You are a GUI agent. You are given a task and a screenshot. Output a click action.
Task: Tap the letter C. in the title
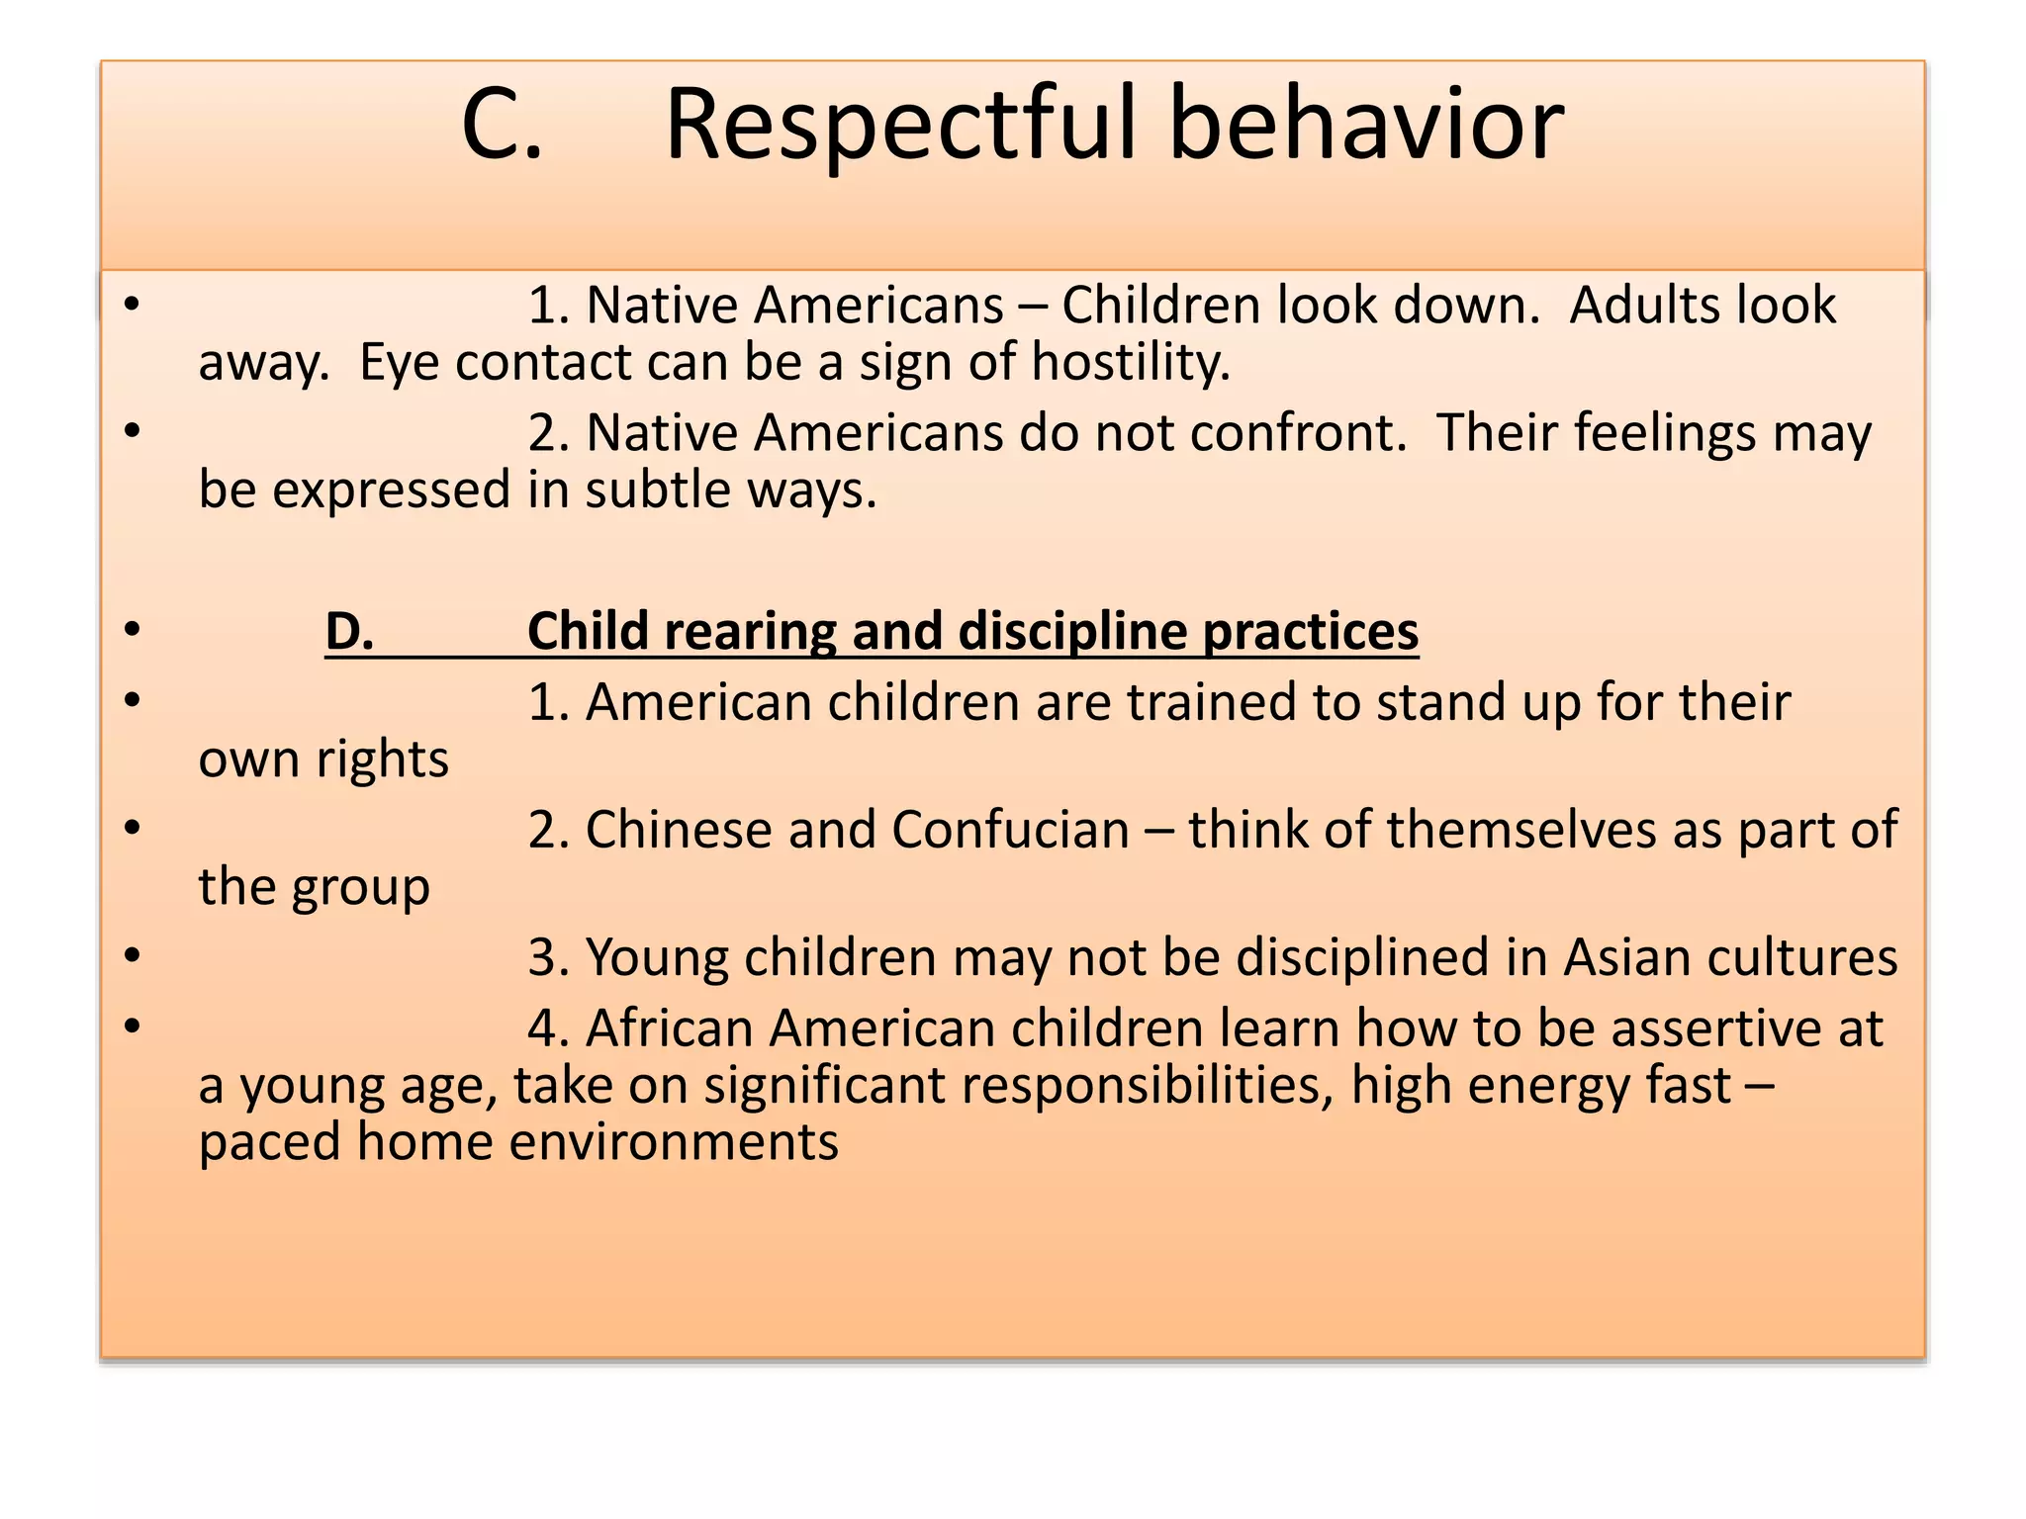[502, 126]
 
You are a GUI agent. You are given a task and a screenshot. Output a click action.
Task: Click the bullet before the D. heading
[133, 629]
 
